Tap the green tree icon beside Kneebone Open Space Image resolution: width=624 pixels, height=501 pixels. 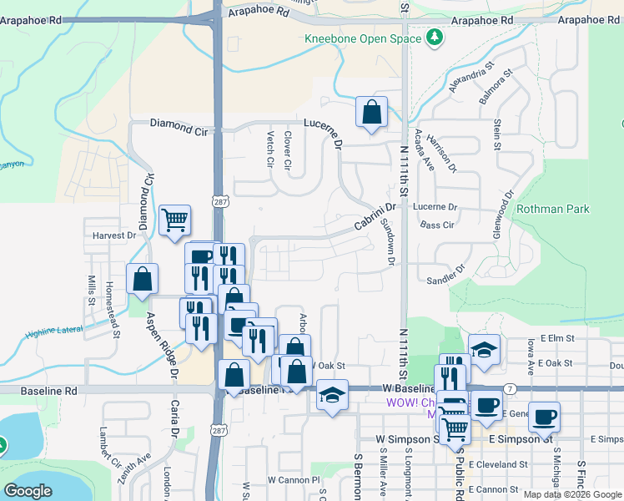434,38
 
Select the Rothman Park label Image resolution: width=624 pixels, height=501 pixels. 552,209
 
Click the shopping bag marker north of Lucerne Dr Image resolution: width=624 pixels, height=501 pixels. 371,112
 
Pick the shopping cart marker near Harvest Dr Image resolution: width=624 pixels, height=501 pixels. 175,221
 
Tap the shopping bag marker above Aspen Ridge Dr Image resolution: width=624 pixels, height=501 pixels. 143,279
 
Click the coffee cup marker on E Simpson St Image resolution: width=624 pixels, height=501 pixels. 544,417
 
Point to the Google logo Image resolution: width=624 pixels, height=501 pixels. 28,491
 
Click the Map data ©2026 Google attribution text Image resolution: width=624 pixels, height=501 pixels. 571,494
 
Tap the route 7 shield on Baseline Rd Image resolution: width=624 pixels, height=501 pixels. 509,389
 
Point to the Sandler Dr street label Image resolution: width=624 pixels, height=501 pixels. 444,277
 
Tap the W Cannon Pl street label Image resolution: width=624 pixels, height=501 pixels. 294,480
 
